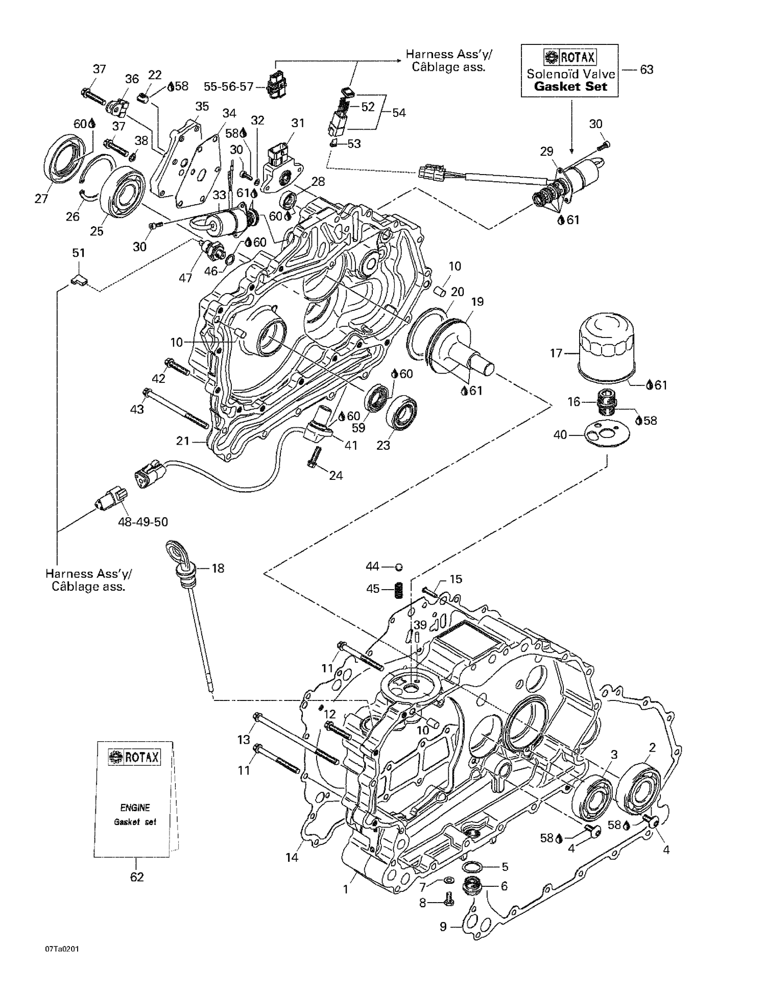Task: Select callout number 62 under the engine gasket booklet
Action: pyautogui.click(x=137, y=877)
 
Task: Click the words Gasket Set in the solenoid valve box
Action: pyautogui.click(x=570, y=86)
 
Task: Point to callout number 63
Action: pyautogui.click(x=647, y=69)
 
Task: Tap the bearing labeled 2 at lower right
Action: pyautogui.click(x=639, y=787)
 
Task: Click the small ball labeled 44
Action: pyautogui.click(x=399, y=567)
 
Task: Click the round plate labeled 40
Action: pyautogui.click(x=607, y=433)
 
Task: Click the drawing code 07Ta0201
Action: pyautogui.click(x=62, y=963)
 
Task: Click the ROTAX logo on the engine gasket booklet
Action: pyautogui.click(x=134, y=757)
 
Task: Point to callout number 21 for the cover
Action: pyautogui.click(x=183, y=441)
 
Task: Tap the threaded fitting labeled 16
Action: pyautogui.click(x=605, y=401)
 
